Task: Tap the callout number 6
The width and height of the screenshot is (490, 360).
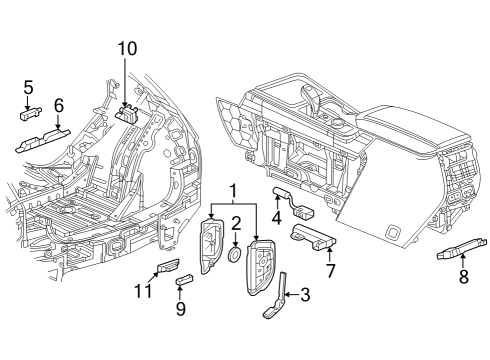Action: [58, 104]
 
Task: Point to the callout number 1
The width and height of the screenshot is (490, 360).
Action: [233, 191]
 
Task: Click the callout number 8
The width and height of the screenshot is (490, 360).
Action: [463, 277]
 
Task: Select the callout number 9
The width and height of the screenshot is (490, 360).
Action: [181, 309]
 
